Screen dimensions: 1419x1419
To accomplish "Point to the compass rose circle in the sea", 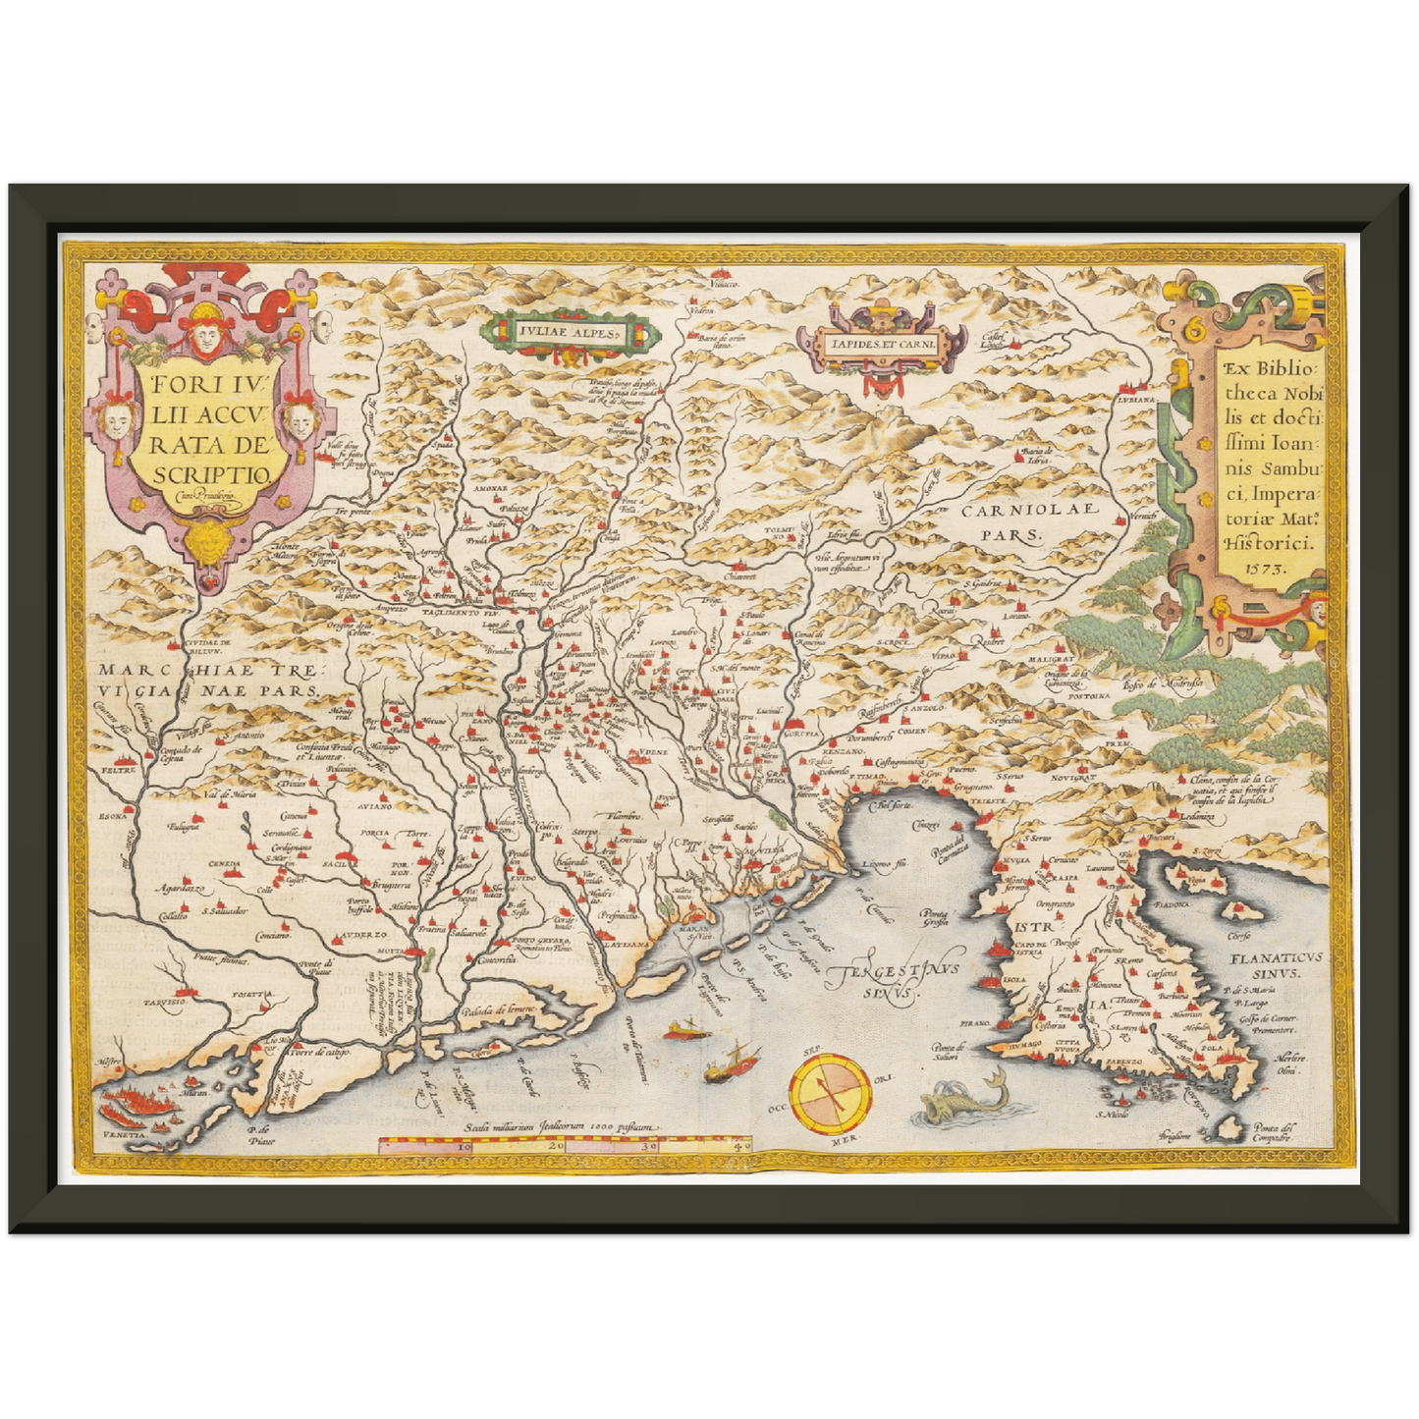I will click(x=830, y=1094).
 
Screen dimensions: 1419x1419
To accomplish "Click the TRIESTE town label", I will click(x=988, y=802).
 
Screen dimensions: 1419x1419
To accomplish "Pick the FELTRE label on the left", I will click(x=116, y=772).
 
